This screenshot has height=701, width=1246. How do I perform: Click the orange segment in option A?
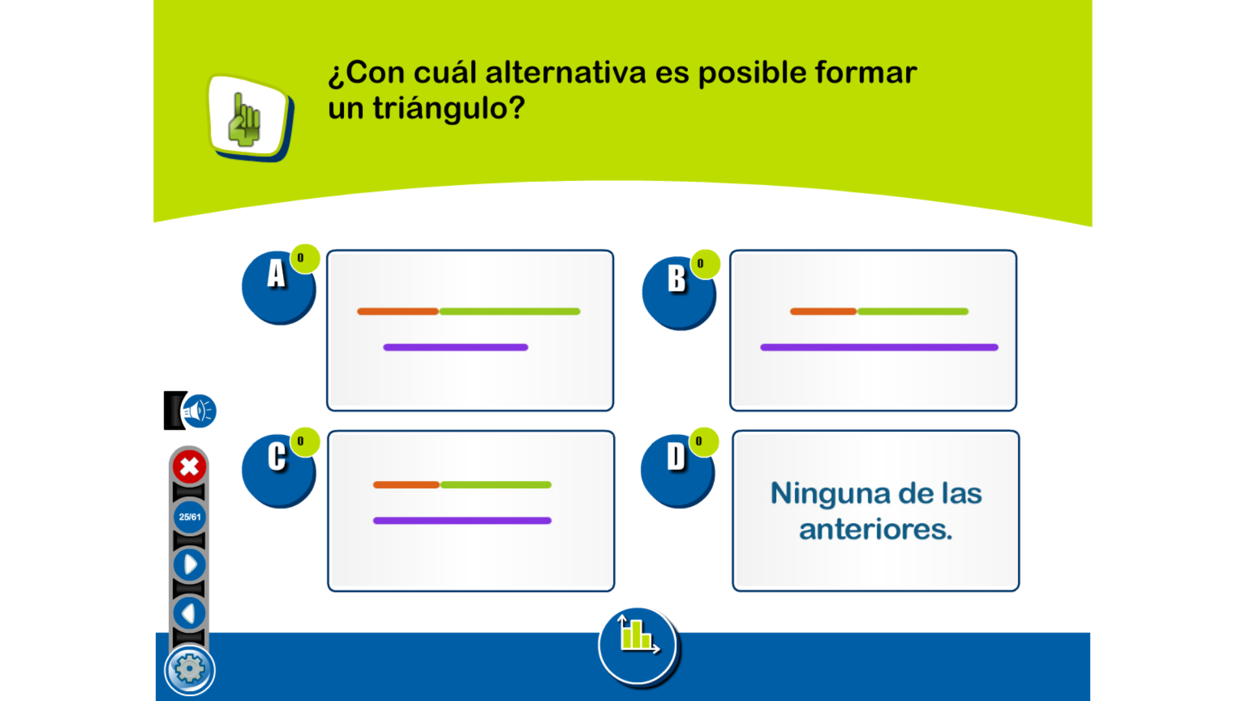point(398,312)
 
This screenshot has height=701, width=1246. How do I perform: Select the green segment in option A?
point(510,312)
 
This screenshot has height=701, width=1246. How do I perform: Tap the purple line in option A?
point(456,347)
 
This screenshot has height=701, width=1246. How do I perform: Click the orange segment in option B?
point(824,312)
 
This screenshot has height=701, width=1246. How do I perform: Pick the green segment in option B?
point(913,312)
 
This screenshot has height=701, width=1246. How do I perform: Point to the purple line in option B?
point(879,347)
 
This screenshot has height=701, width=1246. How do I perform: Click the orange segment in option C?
point(407,485)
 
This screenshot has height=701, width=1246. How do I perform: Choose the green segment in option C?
point(496,485)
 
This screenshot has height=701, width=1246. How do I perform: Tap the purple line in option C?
point(462,521)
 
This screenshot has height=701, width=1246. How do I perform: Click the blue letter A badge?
point(278,288)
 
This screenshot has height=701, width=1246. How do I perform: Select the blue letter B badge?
point(679,293)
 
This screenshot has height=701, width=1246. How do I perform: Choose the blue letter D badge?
point(678,471)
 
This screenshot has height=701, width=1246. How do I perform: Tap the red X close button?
point(189,466)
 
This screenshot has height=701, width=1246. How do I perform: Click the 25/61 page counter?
point(189,517)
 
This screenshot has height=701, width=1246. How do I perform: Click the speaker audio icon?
point(199,411)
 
